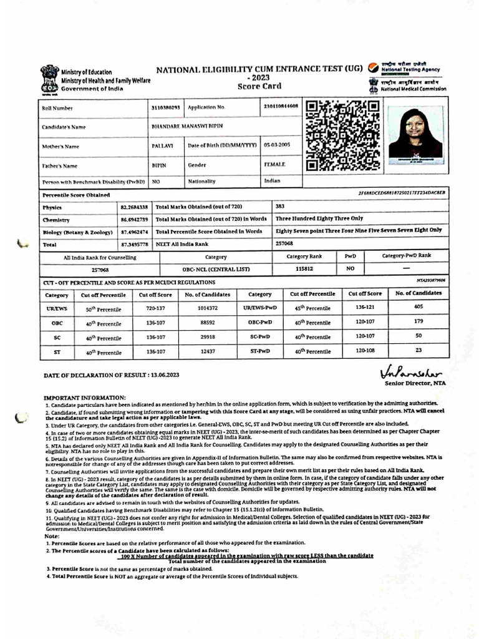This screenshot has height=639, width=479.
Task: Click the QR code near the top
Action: point(342,135)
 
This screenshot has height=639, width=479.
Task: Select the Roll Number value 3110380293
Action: point(165,107)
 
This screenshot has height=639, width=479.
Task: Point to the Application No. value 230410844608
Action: point(281,107)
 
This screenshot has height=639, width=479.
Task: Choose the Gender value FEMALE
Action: point(274,164)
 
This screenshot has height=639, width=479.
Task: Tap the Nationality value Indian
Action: point(273,181)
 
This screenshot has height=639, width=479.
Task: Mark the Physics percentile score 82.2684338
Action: point(134,206)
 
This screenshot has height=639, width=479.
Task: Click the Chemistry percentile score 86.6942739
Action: point(134,219)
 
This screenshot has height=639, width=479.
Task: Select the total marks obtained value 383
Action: point(280,206)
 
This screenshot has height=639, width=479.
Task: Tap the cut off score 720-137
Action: point(155,308)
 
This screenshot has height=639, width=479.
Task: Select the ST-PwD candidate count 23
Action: point(419,350)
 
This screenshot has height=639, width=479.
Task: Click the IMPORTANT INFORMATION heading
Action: point(84,398)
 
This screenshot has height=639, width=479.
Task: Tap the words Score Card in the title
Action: point(256,88)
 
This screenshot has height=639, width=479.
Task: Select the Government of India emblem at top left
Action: point(49,79)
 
